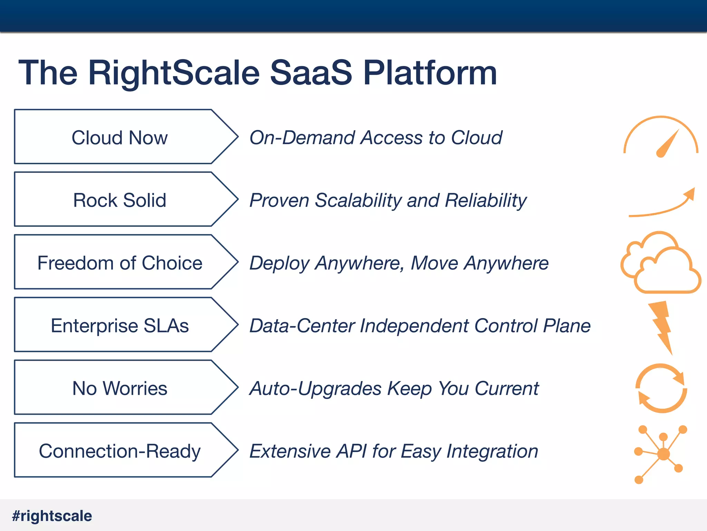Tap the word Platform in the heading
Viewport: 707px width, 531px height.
(430, 73)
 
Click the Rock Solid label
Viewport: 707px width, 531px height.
(119, 200)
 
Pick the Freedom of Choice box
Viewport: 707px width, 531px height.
(119, 263)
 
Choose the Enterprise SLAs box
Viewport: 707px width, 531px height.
(119, 325)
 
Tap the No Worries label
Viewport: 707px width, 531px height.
(119, 388)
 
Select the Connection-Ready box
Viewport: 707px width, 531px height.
(119, 451)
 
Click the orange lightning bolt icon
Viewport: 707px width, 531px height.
(661, 327)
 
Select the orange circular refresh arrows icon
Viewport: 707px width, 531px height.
(661, 388)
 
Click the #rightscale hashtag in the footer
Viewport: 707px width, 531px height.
(52, 516)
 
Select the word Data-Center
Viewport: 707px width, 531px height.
(302, 326)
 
